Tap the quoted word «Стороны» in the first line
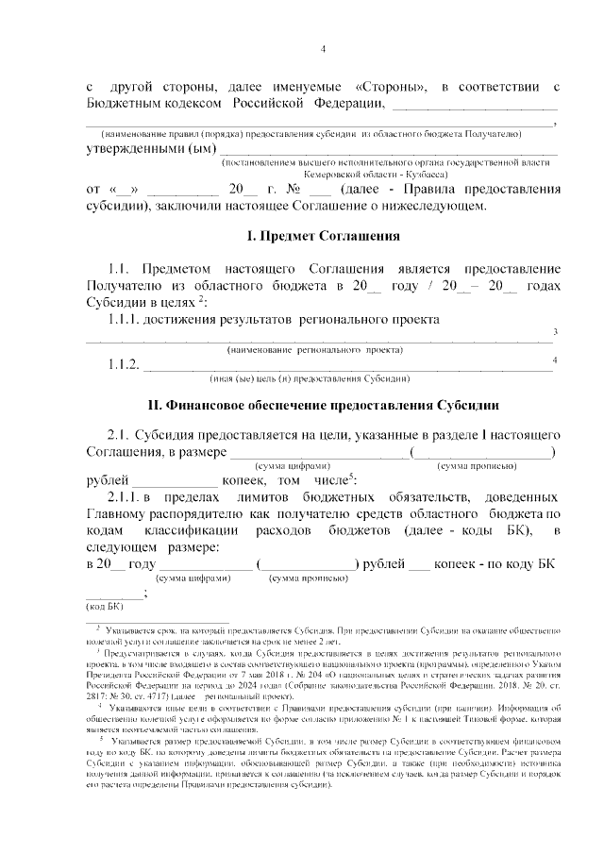click(x=388, y=88)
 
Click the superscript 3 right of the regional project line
click(x=555, y=332)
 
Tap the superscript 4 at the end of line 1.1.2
click(x=555, y=360)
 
